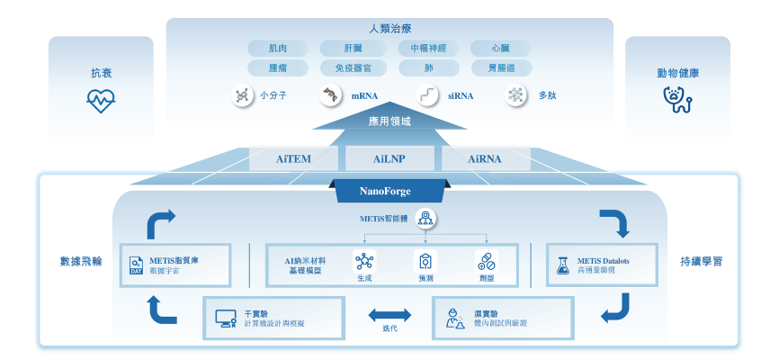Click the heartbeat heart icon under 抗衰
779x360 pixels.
(100, 101)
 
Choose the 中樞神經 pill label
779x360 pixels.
(434, 49)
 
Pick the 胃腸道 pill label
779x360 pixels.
(501, 67)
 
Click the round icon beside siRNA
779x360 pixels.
(430, 94)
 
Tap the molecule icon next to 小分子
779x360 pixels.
(241, 94)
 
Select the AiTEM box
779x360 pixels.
(292, 159)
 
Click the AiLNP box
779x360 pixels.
(389, 159)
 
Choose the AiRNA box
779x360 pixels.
(486, 159)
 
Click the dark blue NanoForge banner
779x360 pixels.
(389, 191)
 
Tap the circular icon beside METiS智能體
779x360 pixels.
(425, 218)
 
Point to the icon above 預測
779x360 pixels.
(425, 261)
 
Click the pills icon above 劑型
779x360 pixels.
(486, 261)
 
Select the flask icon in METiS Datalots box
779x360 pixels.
(563, 265)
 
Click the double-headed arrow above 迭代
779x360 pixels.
(389, 316)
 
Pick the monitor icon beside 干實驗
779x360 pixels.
(225, 318)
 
